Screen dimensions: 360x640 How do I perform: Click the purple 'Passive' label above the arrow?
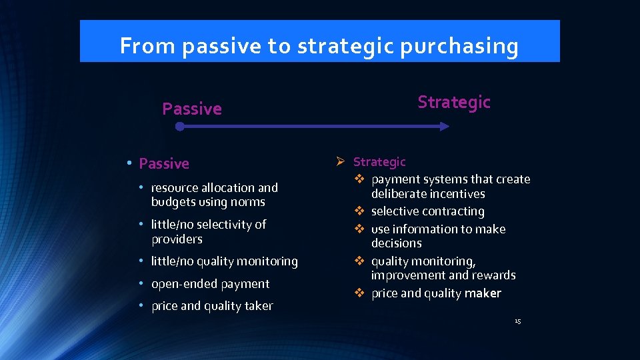point(192,109)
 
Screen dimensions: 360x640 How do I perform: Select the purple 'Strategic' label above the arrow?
point(453,102)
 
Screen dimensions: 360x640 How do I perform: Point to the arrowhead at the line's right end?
point(445,126)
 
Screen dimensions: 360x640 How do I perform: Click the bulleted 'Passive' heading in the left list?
point(164,163)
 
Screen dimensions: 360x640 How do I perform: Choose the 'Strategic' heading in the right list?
point(379,162)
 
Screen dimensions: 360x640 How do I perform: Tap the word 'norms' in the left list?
point(247,202)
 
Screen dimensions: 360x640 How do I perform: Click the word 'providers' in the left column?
point(177,239)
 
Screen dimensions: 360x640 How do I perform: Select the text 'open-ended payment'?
point(210,284)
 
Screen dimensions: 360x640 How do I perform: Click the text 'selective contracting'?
point(427,211)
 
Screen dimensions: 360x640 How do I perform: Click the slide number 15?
point(517,322)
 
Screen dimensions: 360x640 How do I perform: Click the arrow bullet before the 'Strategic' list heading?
point(340,162)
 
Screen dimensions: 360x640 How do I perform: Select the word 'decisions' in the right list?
point(396,243)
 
